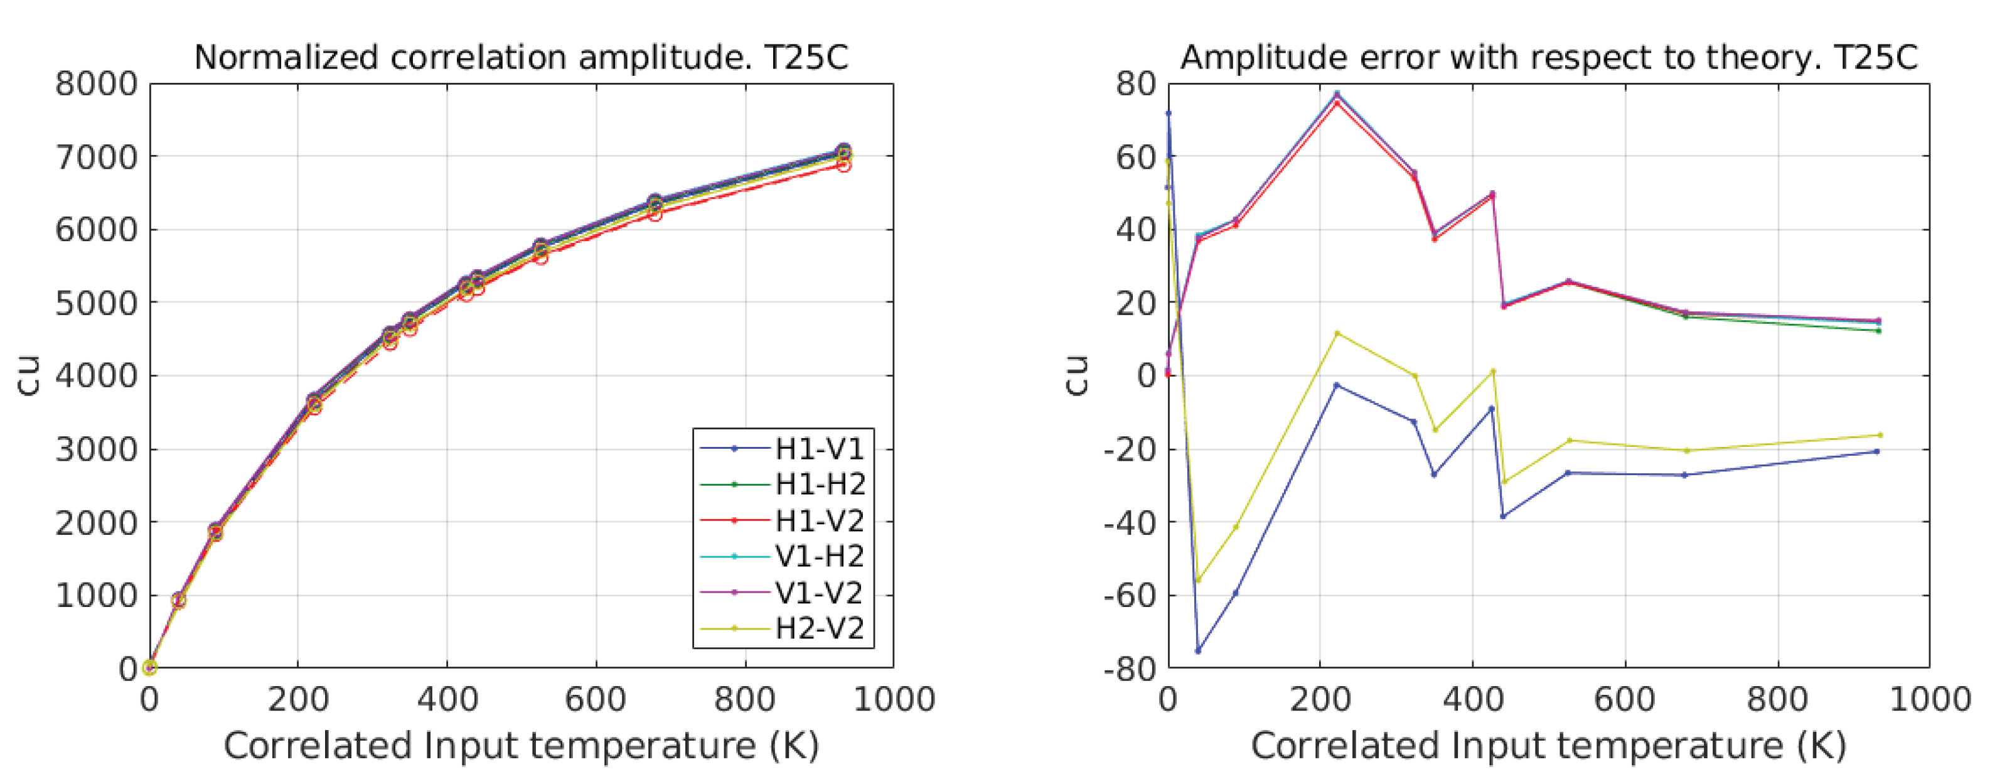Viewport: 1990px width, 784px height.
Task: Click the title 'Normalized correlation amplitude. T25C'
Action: [521, 57]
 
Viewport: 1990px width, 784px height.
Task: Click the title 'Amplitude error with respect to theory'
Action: [1548, 57]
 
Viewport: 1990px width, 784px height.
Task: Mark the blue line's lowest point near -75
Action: [1198, 651]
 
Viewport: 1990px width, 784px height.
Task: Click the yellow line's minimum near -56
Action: [1198, 580]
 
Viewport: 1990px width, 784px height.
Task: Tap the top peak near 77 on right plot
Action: [1337, 94]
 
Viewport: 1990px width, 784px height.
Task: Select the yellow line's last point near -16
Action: [1880, 435]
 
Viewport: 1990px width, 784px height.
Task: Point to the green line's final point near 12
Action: [1879, 331]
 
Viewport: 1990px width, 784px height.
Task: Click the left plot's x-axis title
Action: [521, 746]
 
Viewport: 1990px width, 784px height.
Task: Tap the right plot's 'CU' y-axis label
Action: [1077, 375]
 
